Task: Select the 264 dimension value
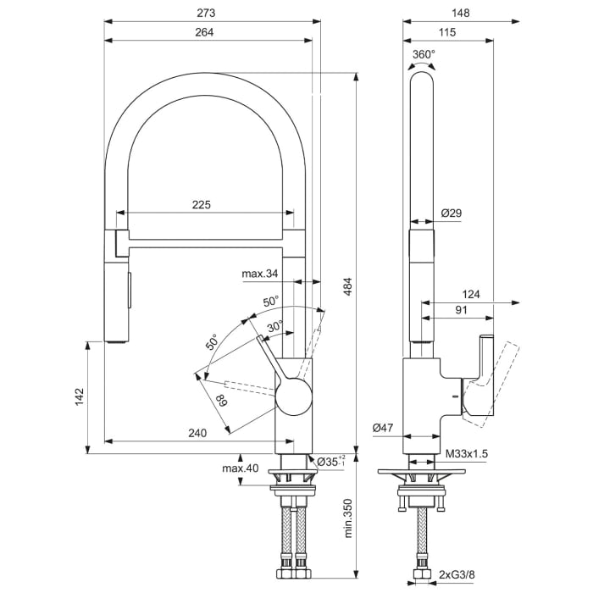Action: [x=203, y=32]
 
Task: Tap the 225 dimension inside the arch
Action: [x=201, y=204]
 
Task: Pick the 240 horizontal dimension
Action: [x=197, y=433]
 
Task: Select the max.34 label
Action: [x=259, y=274]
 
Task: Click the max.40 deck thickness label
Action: [x=241, y=468]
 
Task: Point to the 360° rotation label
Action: [x=424, y=54]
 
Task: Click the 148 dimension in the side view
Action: [x=460, y=13]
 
